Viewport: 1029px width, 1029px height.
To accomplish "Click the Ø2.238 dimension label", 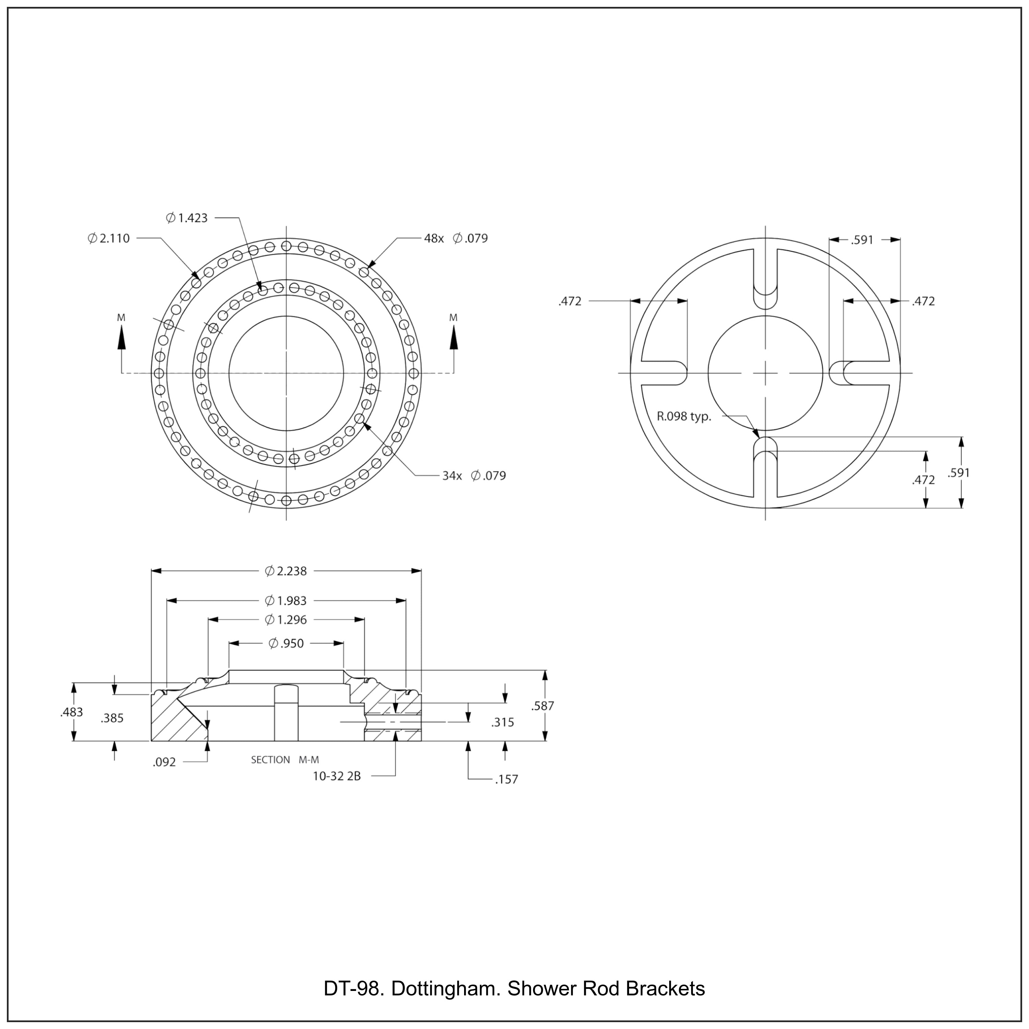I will pos(286,571).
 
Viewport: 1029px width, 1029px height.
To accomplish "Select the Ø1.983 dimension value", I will pos(286,601).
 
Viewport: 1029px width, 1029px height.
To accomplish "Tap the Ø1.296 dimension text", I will pos(286,620).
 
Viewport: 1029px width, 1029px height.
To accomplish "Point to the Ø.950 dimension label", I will pos(286,643).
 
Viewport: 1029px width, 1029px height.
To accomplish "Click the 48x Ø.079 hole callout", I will pos(456,239).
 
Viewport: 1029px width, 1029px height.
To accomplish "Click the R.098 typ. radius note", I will pos(684,416).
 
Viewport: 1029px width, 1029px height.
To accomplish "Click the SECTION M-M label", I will pos(285,760).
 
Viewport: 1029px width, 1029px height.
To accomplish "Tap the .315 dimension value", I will pos(503,723).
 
